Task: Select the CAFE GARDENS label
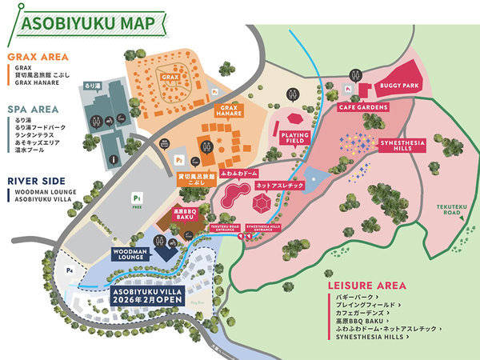[362, 107]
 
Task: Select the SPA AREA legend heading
[33, 108]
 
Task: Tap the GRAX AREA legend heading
[36, 57]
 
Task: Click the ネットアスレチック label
[274, 185]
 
